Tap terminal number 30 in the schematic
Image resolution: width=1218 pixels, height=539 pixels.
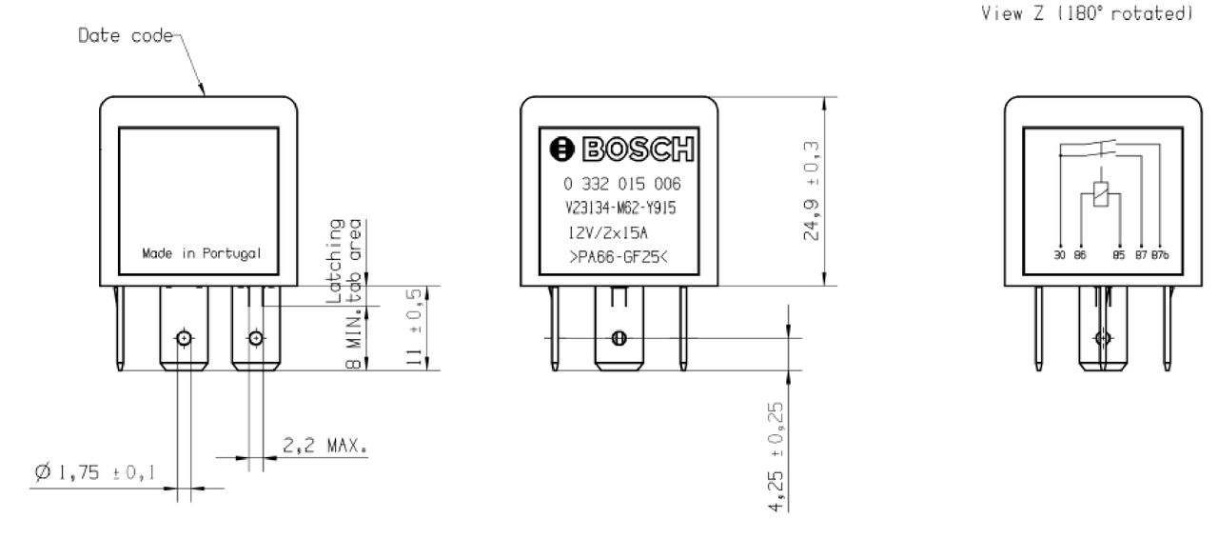pyautogui.click(x=1060, y=254)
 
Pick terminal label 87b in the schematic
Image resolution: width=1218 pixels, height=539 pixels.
pyautogui.click(x=1160, y=254)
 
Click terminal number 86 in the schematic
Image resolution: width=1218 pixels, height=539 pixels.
pyautogui.click(x=1079, y=254)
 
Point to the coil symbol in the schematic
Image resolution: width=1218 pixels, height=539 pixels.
pyautogui.click(x=1101, y=192)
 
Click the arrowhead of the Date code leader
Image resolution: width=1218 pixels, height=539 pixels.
pyautogui.click(x=204, y=93)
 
